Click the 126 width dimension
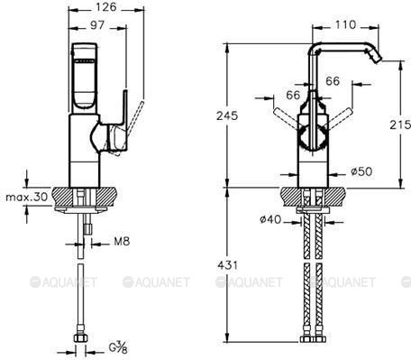tap(105, 7)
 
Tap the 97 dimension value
tap(97, 25)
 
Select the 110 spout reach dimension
tap(345, 24)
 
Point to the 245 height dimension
tap(227, 115)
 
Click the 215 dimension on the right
tap(400, 125)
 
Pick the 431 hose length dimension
tap(227, 265)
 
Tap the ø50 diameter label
tap(361, 171)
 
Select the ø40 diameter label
tap(270, 219)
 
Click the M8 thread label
tap(122, 241)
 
